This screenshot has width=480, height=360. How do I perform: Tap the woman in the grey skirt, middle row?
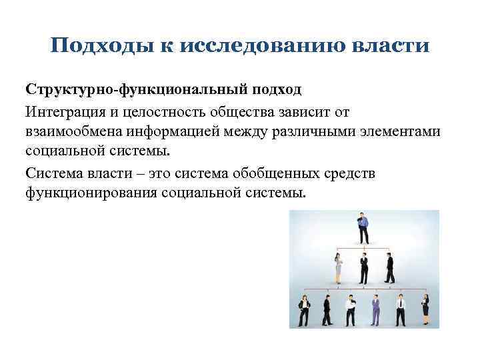(x=338, y=268)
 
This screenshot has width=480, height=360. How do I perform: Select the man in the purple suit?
(x=375, y=310)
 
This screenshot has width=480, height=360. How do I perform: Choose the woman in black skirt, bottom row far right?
(x=425, y=311)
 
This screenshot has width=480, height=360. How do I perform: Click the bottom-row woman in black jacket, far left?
(x=303, y=310)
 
